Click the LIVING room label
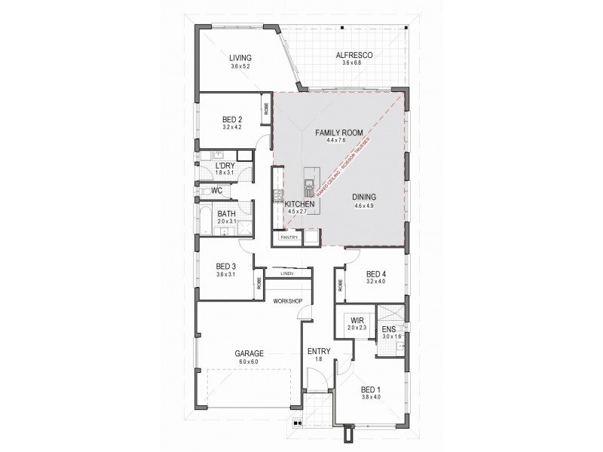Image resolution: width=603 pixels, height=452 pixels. [x=240, y=58]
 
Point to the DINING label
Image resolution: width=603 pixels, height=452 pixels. [x=363, y=197]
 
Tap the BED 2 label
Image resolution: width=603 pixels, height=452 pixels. [x=232, y=119]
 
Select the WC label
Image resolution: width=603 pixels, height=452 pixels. [x=216, y=191]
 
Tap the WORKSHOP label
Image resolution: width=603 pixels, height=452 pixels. [x=288, y=301]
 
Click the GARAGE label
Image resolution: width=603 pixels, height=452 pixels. [x=249, y=353]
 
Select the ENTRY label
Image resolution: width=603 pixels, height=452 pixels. [x=317, y=352]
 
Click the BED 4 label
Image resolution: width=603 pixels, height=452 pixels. [x=375, y=273]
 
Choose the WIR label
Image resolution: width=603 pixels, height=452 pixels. [x=357, y=320]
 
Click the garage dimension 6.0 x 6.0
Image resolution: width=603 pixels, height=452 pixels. [x=249, y=362]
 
